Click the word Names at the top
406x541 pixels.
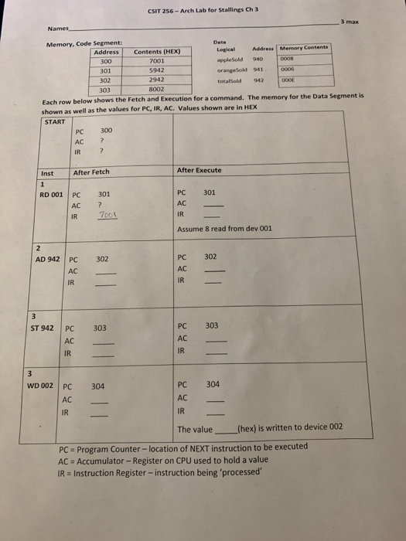point(58,29)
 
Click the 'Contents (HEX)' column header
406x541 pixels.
point(157,51)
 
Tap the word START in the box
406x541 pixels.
point(55,121)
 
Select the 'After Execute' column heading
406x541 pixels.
point(199,170)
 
